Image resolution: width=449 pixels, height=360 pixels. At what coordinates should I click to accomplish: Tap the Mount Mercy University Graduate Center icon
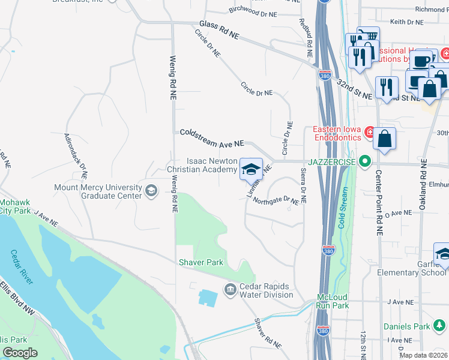point(151,191)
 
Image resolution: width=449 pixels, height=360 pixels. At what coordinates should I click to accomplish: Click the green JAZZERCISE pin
point(364,161)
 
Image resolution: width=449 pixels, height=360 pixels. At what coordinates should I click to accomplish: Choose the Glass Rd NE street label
point(219,31)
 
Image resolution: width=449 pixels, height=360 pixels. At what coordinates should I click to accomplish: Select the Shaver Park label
point(200,262)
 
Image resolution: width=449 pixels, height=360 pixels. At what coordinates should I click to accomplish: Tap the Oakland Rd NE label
point(424,182)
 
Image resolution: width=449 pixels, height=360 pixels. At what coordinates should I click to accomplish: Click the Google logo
point(20,353)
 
